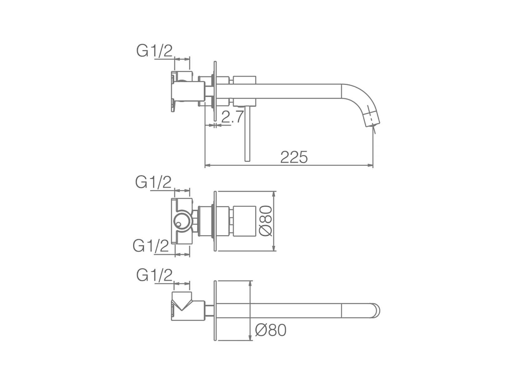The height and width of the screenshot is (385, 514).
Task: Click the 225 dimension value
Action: (294, 157)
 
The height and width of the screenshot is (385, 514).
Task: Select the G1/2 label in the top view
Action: (154, 51)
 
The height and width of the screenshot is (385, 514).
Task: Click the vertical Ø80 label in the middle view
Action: (266, 221)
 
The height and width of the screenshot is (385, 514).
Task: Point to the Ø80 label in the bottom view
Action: (271, 330)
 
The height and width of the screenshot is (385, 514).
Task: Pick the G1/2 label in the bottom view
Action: (154, 275)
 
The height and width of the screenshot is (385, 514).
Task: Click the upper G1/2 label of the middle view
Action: (153, 182)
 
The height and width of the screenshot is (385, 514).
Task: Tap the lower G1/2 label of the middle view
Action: (151, 246)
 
